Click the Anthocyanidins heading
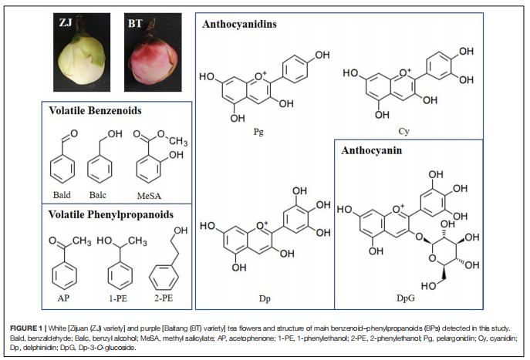(240, 24)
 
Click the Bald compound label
(62, 196)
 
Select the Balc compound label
(101, 196)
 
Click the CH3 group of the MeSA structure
(177, 142)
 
